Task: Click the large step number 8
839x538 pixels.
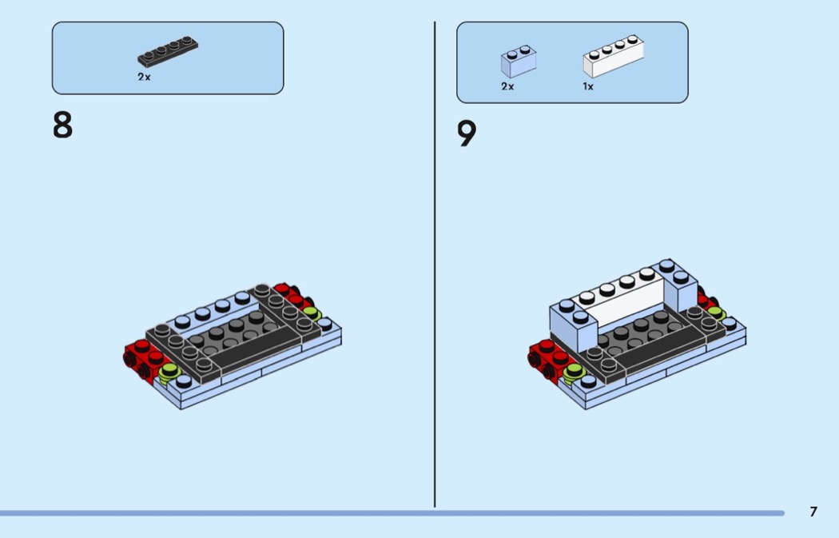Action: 62,125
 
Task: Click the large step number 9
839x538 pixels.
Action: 467,133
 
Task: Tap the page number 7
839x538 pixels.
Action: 813,512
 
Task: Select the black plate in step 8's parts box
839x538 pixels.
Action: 168,51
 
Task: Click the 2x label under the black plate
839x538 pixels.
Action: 144,77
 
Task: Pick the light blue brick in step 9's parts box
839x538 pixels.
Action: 519,61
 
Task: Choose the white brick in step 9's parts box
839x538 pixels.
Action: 613,56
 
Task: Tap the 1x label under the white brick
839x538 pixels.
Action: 588,86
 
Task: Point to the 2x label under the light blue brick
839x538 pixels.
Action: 507,86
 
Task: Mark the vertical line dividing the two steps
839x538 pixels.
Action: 435,265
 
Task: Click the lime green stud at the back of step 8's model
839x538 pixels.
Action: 312,313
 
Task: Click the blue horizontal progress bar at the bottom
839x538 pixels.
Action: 392,513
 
